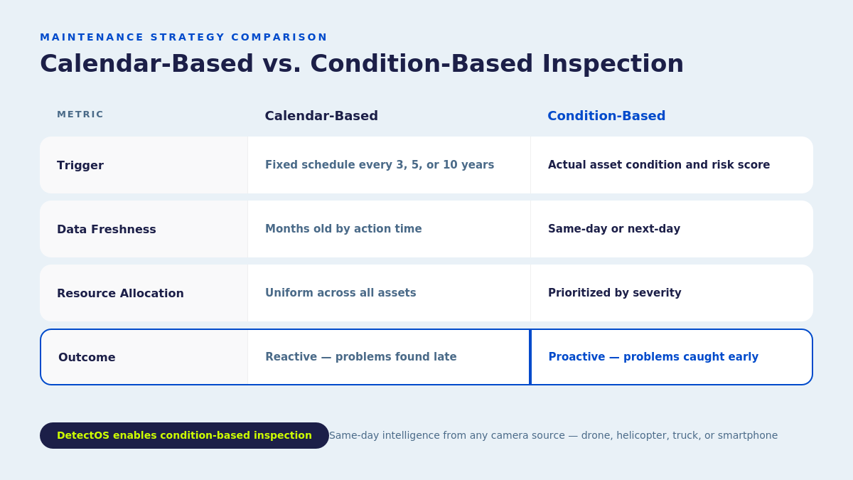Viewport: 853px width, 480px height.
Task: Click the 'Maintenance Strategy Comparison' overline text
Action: (183, 37)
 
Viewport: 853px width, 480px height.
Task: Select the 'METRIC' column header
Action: (80, 114)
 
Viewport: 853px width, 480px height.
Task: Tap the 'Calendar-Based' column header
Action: (321, 116)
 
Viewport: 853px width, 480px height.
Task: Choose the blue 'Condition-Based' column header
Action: (606, 116)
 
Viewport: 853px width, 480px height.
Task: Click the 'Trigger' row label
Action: (80, 165)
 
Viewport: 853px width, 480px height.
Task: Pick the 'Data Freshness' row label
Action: (107, 229)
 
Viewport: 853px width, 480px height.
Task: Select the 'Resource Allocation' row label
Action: (120, 293)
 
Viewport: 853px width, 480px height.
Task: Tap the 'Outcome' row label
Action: (87, 357)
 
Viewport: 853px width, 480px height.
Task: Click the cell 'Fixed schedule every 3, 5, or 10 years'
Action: (380, 165)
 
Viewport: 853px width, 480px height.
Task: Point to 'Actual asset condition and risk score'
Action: (658, 165)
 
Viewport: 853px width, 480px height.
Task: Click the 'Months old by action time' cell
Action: (343, 229)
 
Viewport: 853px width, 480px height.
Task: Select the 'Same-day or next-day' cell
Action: (613, 229)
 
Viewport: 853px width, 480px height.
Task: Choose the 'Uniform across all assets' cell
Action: (340, 293)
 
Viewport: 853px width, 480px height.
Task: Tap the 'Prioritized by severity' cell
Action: (614, 293)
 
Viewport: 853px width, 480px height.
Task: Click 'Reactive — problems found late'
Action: (360, 357)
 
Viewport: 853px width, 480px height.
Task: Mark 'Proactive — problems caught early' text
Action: (653, 357)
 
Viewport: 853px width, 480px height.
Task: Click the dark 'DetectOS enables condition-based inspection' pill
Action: (184, 435)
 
